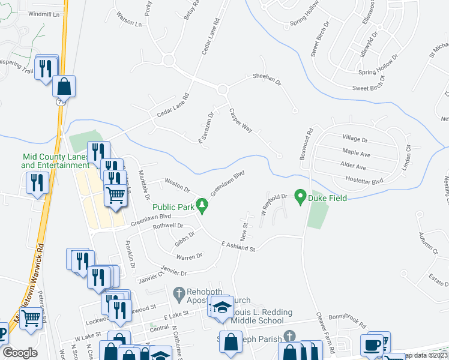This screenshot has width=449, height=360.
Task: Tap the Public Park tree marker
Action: tap(203, 207)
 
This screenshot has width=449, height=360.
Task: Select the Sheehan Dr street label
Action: tap(267, 77)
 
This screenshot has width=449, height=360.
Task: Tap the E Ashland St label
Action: tap(238, 245)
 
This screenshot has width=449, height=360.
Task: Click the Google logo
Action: tap(20, 353)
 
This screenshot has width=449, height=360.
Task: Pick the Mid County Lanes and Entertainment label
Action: tap(55, 161)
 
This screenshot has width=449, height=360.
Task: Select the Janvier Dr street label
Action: tap(174, 272)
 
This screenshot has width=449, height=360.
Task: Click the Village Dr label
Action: tap(354, 139)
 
